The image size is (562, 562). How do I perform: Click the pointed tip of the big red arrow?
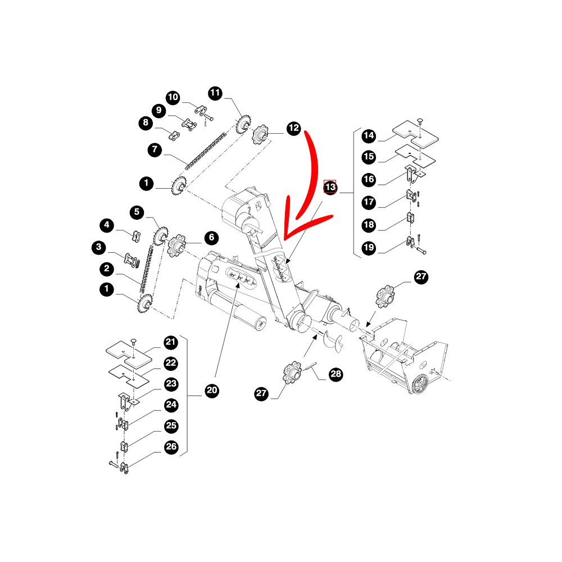[x=284, y=239]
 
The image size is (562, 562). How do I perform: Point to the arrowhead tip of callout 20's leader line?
[x=238, y=282]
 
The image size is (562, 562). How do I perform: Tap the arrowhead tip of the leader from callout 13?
[x=287, y=264]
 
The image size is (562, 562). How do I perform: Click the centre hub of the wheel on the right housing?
[x=419, y=386]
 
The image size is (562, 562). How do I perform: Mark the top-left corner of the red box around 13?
[x=324, y=180]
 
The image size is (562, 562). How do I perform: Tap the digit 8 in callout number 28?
[x=339, y=374]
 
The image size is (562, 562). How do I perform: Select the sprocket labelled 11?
[x=244, y=124]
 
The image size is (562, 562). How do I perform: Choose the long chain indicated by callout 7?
[x=206, y=151]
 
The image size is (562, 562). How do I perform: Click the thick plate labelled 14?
[x=416, y=134]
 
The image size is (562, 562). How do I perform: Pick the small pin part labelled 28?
[x=310, y=368]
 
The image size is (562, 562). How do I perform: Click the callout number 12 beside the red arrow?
[x=293, y=128]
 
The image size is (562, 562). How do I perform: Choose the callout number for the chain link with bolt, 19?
[x=369, y=248]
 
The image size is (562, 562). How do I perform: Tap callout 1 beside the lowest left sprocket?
[x=106, y=289]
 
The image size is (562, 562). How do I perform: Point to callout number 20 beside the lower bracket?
[x=212, y=390]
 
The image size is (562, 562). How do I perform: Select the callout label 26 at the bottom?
[x=171, y=447]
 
